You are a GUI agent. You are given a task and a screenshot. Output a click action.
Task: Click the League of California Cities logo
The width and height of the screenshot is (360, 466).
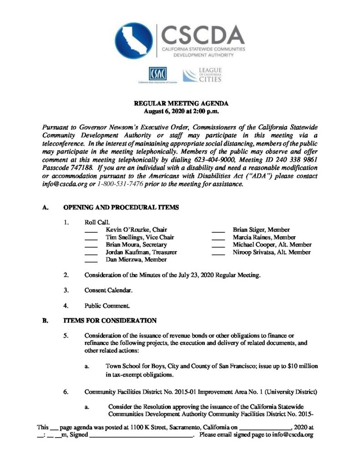(202, 74)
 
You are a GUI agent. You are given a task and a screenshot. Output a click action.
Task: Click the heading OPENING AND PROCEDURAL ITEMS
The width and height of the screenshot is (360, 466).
(121, 208)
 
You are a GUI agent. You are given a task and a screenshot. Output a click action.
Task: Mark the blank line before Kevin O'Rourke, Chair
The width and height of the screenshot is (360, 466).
(91, 231)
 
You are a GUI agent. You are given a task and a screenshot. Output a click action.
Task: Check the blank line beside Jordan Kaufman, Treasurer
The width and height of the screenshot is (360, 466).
(91, 253)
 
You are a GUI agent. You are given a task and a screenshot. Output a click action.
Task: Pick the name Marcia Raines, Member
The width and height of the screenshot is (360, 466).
(264, 238)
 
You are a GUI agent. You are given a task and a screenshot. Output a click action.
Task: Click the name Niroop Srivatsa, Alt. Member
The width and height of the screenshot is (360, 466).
(272, 252)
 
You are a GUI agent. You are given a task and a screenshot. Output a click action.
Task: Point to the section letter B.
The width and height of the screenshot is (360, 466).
(45, 320)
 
